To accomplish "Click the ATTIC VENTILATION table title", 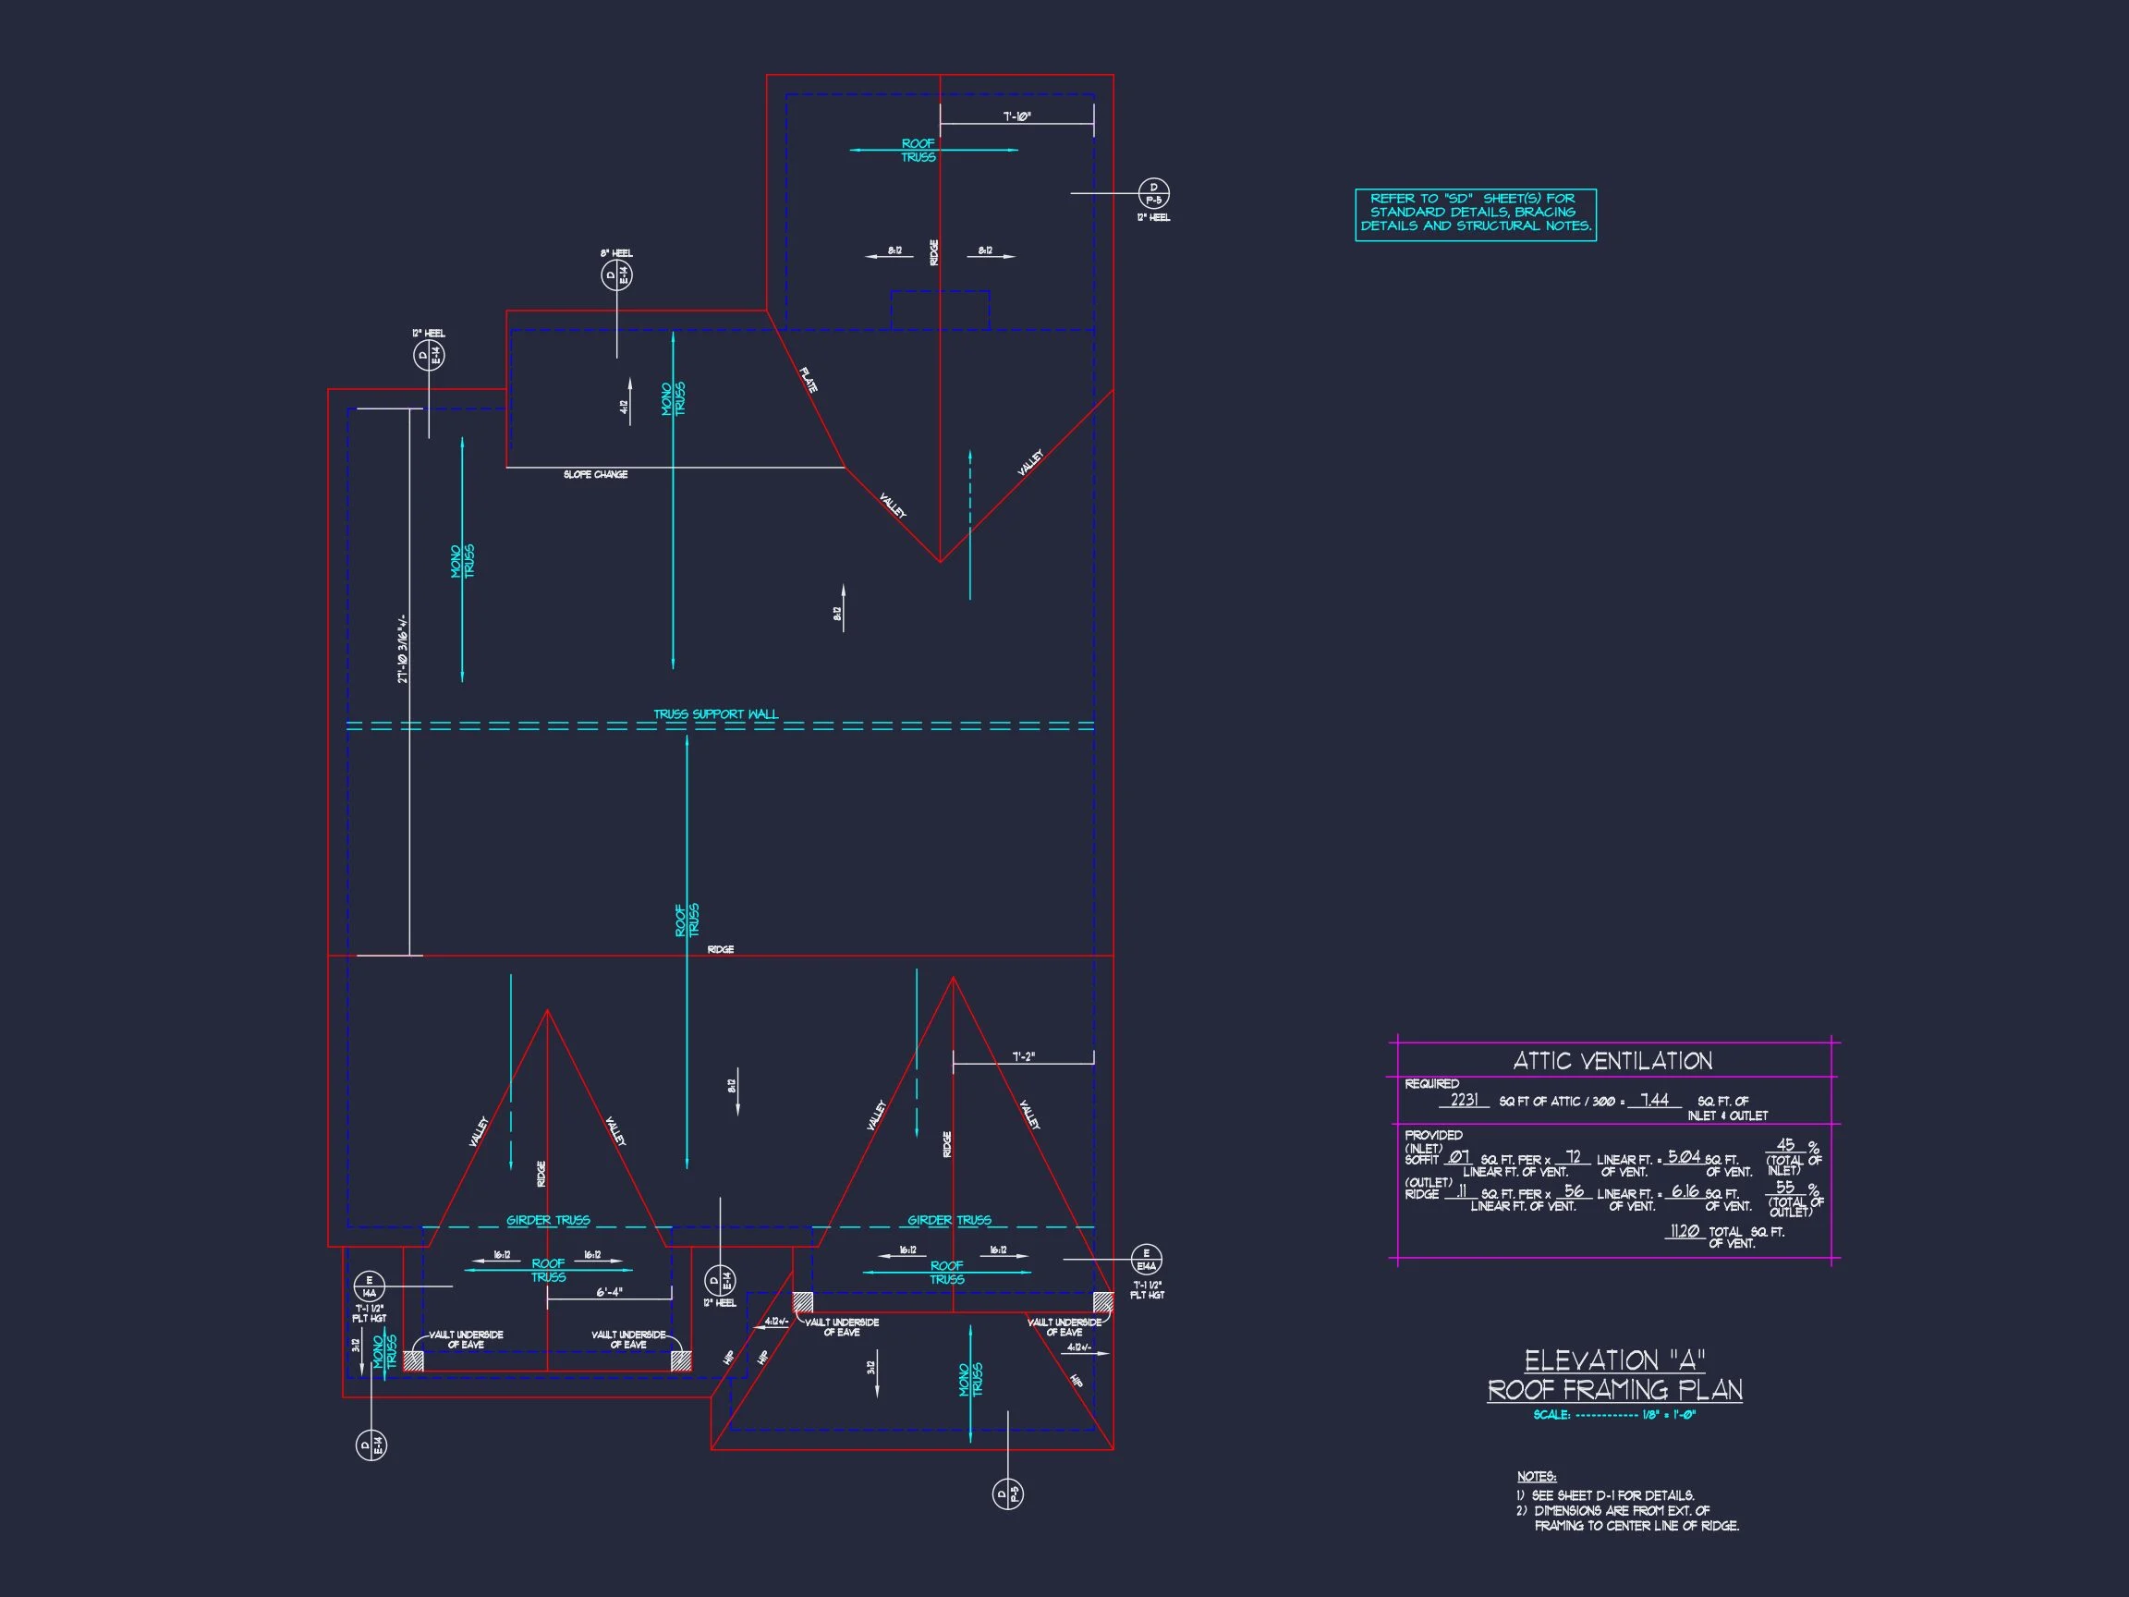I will point(1612,1061).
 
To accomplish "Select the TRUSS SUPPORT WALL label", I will point(716,714).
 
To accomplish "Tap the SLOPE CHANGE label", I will point(596,475).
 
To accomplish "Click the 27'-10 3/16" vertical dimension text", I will point(403,650).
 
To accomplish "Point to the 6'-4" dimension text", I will point(609,1293).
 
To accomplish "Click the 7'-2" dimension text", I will point(1023,1057).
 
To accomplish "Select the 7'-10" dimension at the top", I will point(1017,117).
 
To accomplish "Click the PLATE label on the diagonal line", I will point(809,379).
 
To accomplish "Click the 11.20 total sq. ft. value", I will point(1685,1230).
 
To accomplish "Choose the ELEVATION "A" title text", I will point(1614,1360).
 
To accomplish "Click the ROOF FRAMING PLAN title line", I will point(1614,1390).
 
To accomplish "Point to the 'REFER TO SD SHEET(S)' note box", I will point(1476,213).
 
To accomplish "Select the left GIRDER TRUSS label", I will point(548,1221).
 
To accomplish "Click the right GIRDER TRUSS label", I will point(949,1221).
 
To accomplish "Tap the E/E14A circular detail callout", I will point(1145,1259).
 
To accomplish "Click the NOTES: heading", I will point(1536,1476).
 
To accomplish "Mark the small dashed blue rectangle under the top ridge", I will point(940,310).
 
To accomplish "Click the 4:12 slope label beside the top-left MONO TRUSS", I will point(624,408).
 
